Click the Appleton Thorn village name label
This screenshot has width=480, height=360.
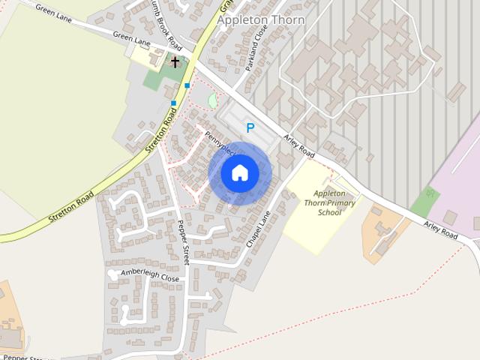[x=260, y=20]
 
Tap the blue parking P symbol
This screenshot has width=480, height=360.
[x=250, y=128]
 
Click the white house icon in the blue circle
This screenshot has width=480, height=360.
[x=240, y=173]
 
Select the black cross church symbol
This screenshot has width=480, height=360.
[x=175, y=61]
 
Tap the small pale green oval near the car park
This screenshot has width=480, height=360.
[x=213, y=100]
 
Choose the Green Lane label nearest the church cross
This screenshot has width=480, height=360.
[x=131, y=38]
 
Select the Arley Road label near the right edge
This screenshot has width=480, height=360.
[x=440, y=230]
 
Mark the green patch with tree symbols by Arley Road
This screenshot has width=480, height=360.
[x=425, y=200]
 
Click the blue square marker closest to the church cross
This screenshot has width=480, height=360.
[x=187, y=85]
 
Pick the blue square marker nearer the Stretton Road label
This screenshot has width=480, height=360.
[x=173, y=103]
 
